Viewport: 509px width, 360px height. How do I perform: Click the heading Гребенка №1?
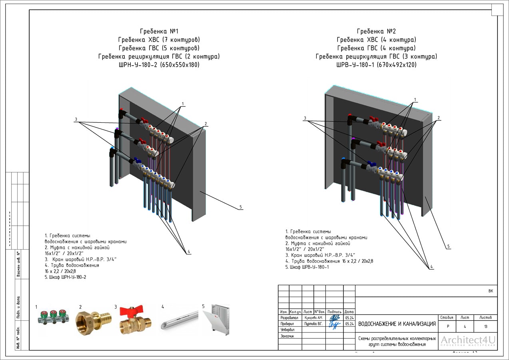159,31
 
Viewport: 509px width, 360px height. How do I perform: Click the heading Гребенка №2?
376,31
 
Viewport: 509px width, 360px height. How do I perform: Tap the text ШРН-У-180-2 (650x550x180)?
159,65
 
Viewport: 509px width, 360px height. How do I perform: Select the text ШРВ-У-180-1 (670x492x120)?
376,65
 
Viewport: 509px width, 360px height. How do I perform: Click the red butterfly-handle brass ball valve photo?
135,320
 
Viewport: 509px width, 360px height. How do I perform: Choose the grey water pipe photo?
179,320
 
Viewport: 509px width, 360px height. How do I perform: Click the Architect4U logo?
468,341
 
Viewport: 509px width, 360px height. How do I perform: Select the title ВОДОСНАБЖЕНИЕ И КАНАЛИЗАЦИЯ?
397,324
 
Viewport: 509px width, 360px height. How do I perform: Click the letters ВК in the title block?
491,291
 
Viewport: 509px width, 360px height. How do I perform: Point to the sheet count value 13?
485,326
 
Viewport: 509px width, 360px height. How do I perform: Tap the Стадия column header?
447,318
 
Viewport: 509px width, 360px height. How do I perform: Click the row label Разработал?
289,318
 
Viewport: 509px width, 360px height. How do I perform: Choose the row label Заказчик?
287,336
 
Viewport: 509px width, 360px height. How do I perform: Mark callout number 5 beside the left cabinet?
241,207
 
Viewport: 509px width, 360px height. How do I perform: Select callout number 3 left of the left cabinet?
76,120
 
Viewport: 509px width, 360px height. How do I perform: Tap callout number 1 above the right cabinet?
415,100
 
